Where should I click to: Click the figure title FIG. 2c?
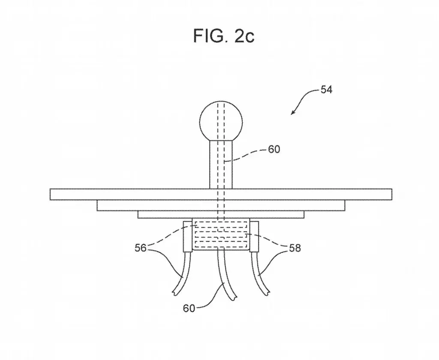click(224, 36)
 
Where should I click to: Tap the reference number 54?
click(326, 90)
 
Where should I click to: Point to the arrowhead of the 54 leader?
click(292, 114)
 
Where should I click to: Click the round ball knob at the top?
click(221, 122)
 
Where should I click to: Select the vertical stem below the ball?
click(221, 165)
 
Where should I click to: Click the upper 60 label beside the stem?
click(274, 149)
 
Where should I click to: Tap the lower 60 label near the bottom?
click(189, 308)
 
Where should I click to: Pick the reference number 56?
click(141, 248)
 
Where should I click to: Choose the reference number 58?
click(295, 248)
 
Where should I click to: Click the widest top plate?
click(221, 194)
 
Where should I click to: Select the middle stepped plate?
click(221, 205)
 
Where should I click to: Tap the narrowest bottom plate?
click(221, 214)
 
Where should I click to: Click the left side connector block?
click(187, 237)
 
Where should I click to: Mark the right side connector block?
click(254, 237)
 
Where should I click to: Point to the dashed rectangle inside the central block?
click(221, 234)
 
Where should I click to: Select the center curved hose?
click(226, 274)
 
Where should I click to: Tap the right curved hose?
click(260, 273)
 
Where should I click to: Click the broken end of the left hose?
click(175, 293)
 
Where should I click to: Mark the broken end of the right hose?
click(267, 293)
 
